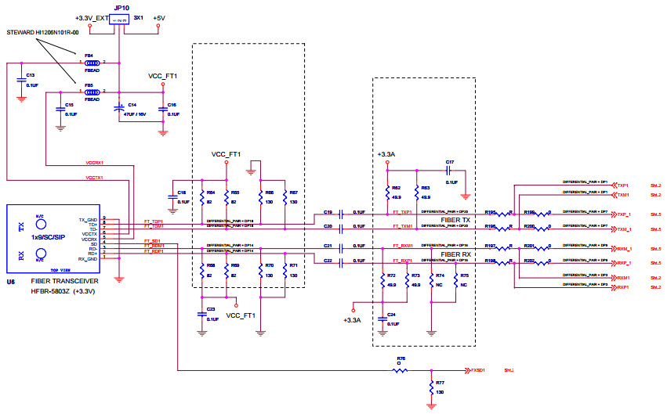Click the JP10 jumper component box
point(118,17)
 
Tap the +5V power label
point(159,17)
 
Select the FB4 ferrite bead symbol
point(92,62)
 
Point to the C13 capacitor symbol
point(21,78)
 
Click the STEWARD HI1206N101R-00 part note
point(43,32)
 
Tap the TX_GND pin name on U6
point(89,220)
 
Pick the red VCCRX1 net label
point(95,164)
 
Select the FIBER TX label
point(455,220)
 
